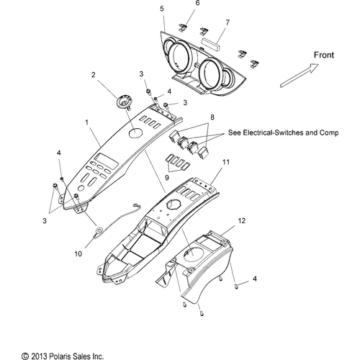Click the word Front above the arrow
(x=324, y=55)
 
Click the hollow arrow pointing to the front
(x=300, y=76)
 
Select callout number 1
(x=87, y=122)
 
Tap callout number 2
(x=93, y=75)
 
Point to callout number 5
(x=162, y=9)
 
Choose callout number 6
(x=197, y=3)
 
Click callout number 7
(x=228, y=22)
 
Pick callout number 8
(x=212, y=117)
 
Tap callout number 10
(x=78, y=253)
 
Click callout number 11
(x=226, y=162)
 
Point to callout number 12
(x=242, y=221)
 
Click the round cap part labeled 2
(x=124, y=102)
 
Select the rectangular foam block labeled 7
(x=210, y=44)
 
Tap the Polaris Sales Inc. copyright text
(x=63, y=356)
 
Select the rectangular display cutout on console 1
(x=106, y=160)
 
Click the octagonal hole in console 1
(x=136, y=132)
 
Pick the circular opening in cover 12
(x=192, y=255)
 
